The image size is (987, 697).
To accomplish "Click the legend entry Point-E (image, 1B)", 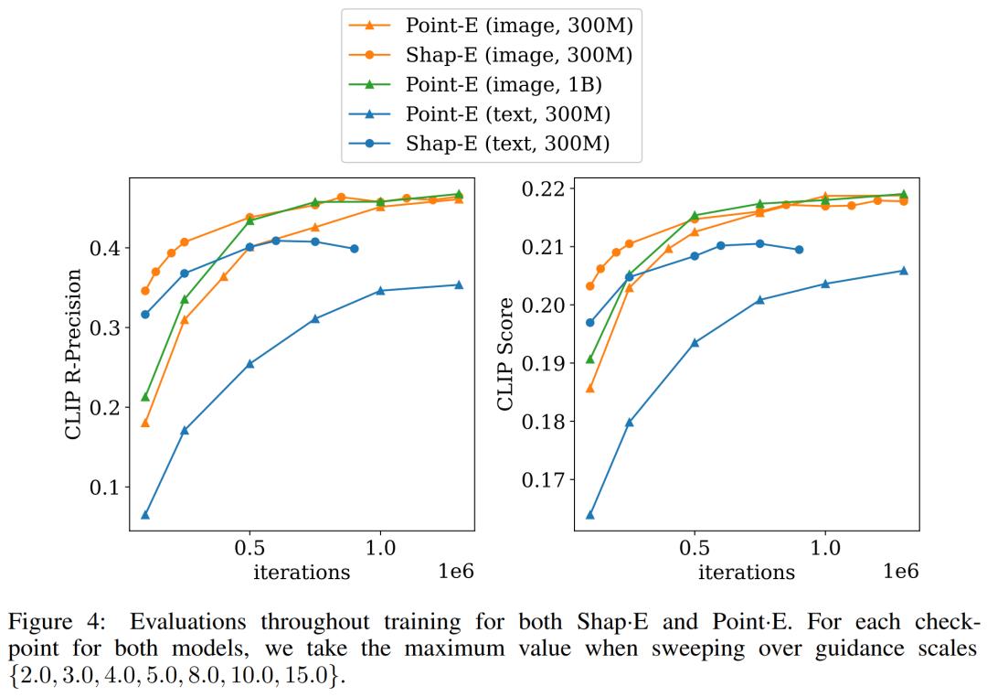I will pyautogui.click(x=504, y=84).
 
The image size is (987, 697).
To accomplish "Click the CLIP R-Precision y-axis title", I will pyautogui.click(x=75, y=354).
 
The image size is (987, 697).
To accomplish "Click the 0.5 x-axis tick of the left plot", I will pyautogui.click(x=249, y=549).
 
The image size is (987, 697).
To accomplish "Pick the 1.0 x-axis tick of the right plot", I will pyautogui.click(x=825, y=549).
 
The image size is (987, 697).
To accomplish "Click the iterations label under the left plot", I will pyautogui.click(x=302, y=573).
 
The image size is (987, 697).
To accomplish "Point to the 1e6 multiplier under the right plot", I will pyautogui.click(x=900, y=572).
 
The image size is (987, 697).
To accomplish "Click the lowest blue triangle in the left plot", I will pyautogui.click(x=145, y=515).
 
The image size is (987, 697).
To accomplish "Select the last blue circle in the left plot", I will pyautogui.click(x=354, y=249).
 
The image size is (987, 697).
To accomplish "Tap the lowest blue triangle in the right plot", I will pyautogui.click(x=590, y=515).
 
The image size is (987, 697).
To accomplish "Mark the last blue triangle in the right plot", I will pyautogui.click(x=904, y=271).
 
